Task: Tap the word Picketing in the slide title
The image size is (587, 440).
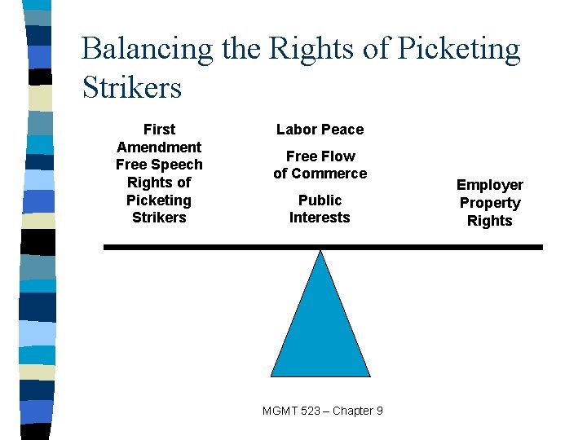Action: click(459, 49)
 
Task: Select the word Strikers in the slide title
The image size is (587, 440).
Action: click(132, 87)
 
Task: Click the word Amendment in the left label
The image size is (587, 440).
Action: click(159, 147)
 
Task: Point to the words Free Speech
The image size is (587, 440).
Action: click(159, 165)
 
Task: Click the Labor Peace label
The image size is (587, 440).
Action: click(320, 130)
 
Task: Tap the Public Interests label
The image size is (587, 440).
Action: click(320, 209)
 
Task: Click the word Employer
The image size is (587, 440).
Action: click(489, 185)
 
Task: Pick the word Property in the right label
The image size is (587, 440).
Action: click(489, 203)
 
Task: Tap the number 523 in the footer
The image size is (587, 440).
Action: click(307, 411)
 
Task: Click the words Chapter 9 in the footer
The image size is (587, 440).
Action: click(356, 411)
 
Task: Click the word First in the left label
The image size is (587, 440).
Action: click(159, 130)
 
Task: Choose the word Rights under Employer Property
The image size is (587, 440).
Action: click(489, 221)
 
